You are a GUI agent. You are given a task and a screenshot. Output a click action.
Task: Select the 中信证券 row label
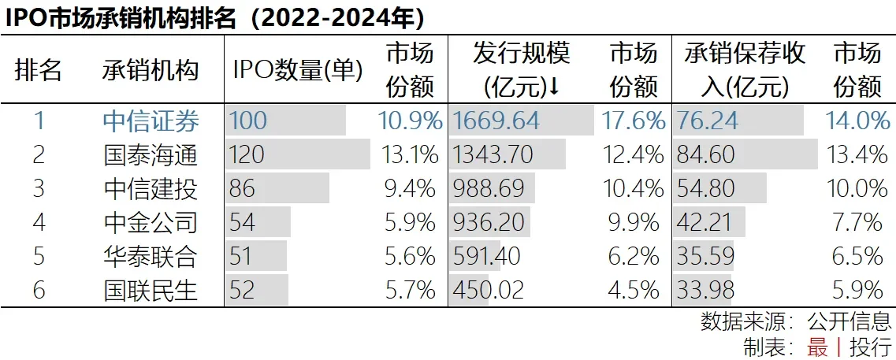(151, 121)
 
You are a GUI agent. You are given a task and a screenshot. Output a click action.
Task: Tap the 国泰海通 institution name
(151, 154)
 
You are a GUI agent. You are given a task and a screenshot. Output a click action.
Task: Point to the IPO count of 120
(247, 154)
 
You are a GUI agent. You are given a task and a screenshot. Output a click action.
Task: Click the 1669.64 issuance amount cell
(496, 121)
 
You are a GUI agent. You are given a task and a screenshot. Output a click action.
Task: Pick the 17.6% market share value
(634, 121)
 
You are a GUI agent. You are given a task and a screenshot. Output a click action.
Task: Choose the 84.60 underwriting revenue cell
(705, 154)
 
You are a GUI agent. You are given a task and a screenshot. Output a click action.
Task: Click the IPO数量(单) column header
(297, 71)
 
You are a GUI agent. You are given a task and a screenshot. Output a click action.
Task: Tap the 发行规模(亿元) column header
(521, 71)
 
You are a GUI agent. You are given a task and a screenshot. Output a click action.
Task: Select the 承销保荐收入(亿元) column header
(745, 71)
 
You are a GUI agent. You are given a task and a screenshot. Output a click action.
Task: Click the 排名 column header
(39, 71)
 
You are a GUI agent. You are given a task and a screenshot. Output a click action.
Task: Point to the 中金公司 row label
(151, 222)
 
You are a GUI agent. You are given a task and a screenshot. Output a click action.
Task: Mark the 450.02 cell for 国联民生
(489, 290)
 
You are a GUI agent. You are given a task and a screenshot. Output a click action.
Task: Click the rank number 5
(39, 256)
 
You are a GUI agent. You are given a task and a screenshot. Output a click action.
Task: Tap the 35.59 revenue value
(705, 256)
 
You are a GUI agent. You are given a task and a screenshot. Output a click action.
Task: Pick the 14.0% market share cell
(858, 121)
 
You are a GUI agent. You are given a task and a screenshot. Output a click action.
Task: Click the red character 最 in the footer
(817, 347)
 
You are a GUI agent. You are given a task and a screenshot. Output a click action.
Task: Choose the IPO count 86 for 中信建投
(243, 188)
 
